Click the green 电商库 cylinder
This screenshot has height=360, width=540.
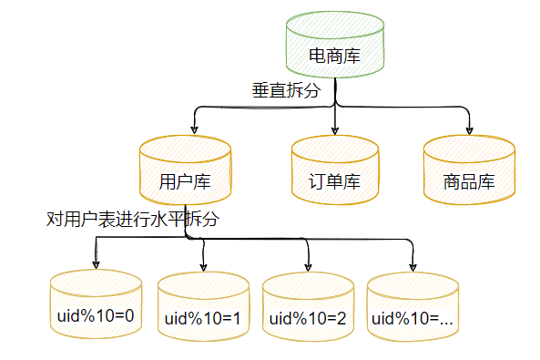click(334, 46)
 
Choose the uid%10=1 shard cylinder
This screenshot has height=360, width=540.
click(203, 307)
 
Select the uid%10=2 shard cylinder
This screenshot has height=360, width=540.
click(308, 307)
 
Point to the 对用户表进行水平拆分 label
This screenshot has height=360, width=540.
click(133, 220)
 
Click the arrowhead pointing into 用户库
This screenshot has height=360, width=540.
click(194, 129)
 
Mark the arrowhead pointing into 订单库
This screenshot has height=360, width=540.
click(335, 129)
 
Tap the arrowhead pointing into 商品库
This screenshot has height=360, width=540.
click(469, 129)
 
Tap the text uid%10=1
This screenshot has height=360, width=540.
click(203, 319)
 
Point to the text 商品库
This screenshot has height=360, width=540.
click(469, 181)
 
